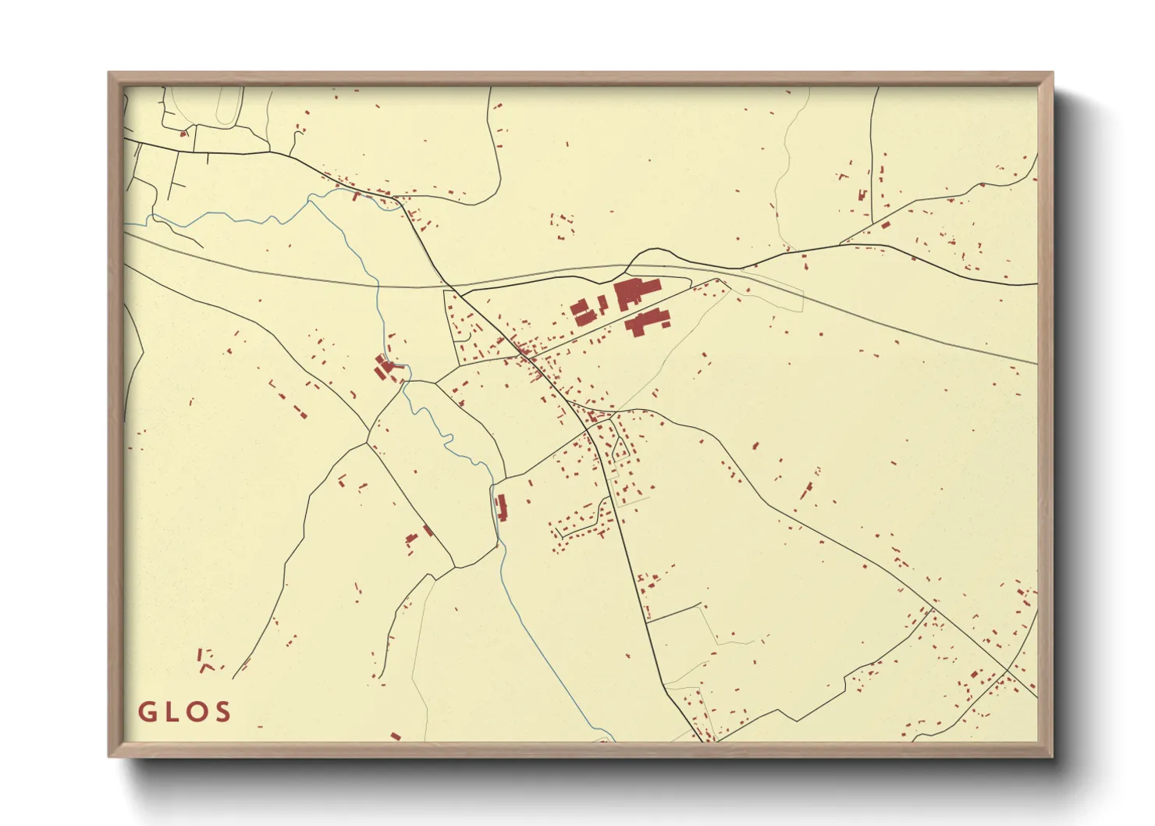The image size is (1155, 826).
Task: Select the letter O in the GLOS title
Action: pyautogui.click(x=197, y=712)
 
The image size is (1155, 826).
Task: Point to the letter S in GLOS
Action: pyautogui.click(x=223, y=712)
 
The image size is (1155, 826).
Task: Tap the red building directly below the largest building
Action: pyautogui.click(x=646, y=321)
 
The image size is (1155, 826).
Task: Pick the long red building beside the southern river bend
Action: pyautogui.click(x=502, y=507)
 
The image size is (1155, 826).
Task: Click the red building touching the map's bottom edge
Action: pyautogui.click(x=396, y=735)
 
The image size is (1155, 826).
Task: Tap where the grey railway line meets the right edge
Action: pyautogui.click(x=1036, y=364)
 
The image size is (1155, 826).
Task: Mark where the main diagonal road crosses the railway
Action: pyautogui.click(x=453, y=287)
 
